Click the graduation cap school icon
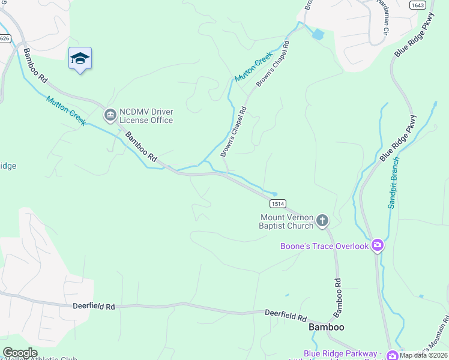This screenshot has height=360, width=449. (80, 59)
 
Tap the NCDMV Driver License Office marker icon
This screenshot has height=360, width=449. (110, 114)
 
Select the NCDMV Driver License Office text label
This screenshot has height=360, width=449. (146, 116)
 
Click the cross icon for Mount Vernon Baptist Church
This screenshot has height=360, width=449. (322, 221)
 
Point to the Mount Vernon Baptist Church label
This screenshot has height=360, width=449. (286, 221)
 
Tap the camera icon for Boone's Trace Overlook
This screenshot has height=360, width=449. (377, 245)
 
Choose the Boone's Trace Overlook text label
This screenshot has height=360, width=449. (324, 246)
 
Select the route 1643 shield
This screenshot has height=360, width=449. (418, 5)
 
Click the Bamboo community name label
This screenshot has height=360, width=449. (326, 327)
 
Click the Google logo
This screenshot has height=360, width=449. (20, 353)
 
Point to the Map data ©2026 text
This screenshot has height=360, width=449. (424, 355)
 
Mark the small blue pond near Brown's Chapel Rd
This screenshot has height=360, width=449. (316, 34)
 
